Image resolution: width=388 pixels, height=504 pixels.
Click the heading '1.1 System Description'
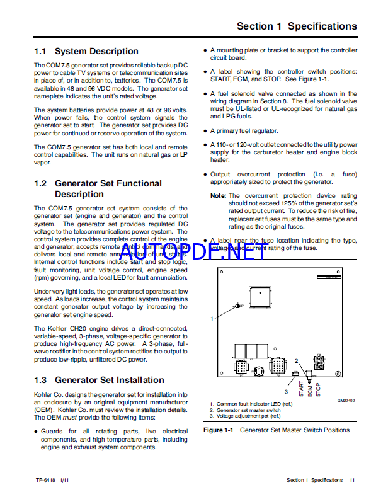coord(86,51)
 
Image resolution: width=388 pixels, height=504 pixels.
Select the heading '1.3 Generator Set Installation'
coord(99,380)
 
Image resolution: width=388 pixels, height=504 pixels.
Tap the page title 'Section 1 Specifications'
coord(296,26)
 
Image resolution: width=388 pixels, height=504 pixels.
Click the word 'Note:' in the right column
coord(219,196)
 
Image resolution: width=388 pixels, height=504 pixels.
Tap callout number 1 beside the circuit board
coord(212,319)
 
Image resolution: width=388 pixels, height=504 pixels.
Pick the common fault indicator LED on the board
coord(237,306)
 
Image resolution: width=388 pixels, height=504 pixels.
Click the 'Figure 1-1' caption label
coord(219,430)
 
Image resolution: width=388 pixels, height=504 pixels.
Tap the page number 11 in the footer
coord(353,480)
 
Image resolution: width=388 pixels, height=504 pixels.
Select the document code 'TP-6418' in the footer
coord(45,480)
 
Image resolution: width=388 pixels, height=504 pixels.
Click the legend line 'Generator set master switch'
coord(246,409)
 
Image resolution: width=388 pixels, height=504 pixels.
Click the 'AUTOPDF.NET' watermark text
coord(193,252)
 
